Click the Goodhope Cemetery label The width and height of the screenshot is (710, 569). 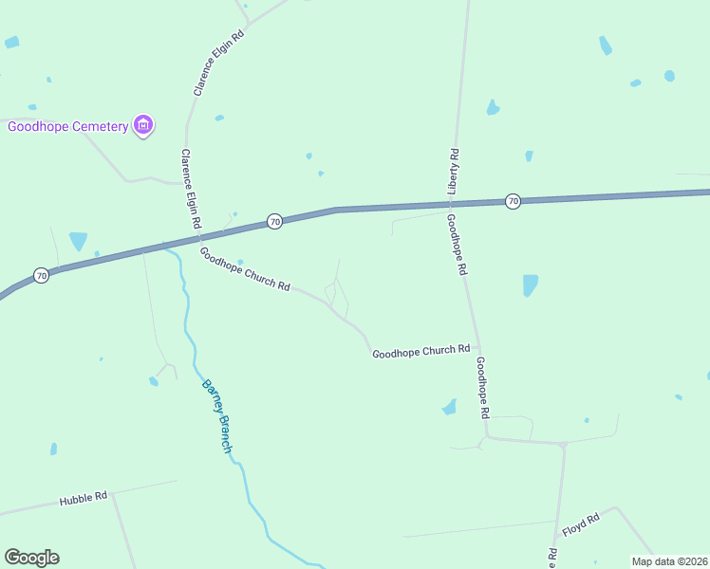67,127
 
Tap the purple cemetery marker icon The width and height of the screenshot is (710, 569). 143,125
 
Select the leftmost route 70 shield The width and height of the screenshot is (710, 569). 41,275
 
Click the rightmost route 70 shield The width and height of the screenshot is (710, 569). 513,201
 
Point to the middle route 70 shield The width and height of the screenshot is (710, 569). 274,221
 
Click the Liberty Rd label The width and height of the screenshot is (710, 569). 454,172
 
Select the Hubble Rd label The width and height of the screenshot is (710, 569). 84,498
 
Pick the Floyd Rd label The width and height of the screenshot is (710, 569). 580,525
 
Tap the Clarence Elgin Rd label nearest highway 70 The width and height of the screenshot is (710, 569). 191,189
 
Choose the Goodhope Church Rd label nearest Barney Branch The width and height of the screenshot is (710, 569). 244,269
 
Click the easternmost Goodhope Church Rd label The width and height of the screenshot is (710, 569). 420,351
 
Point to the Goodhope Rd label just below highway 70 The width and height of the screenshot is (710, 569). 456,244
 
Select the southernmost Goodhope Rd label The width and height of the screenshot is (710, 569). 483,388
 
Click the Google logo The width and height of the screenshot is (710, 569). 31,558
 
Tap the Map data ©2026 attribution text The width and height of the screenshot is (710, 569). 669,561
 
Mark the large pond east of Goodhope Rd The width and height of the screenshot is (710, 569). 530,284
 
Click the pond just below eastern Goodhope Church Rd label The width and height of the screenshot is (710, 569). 450,407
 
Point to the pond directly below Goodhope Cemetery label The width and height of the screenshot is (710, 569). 78,240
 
